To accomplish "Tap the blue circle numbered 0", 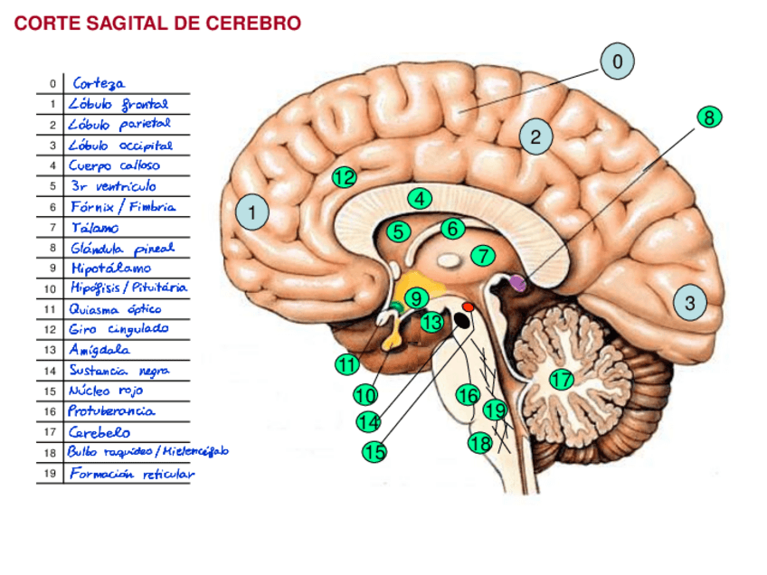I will click(617, 61).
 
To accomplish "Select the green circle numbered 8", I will click(709, 118).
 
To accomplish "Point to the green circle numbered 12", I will click(344, 177).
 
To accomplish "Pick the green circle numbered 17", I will click(562, 380).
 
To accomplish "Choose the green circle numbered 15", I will click(374, 451).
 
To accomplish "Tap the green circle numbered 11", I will click(346, 364).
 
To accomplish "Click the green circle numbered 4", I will click(419, 198).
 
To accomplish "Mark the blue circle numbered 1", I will click(252, 213).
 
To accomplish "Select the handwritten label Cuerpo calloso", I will click(115, 165).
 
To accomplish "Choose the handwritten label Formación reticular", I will click(131, 473).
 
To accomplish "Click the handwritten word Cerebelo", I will click(99, 432).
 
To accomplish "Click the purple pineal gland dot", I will click(517, 283).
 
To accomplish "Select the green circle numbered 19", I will click(495, 410).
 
